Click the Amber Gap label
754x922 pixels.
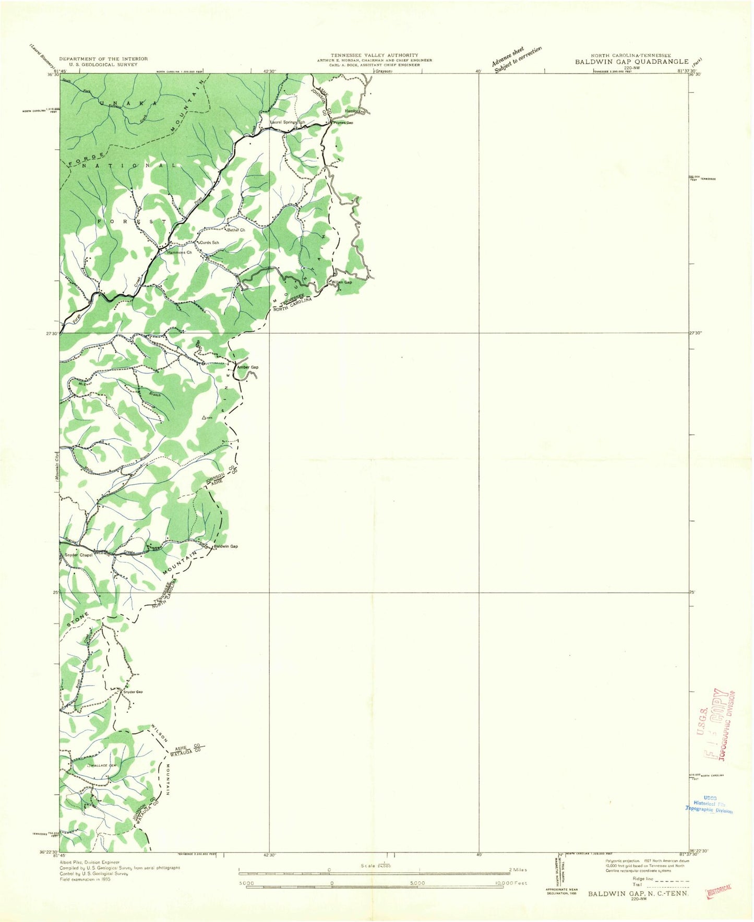tap(248, 367)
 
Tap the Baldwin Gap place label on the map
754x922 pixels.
tap(226, 546)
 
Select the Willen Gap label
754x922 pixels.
tap(342, 282)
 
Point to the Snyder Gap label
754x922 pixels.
tap(133, 692)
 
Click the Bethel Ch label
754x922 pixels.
tap(236, 230)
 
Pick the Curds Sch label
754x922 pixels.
tap(209, 243)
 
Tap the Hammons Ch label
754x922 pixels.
tap(179, 253)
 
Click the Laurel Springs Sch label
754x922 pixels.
tap(287, 123)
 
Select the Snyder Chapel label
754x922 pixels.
tap(79, 555)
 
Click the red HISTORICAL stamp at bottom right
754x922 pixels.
tap(719, 891)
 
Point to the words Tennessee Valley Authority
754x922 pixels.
tap(375, 55)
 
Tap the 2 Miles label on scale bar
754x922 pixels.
tap(518, 870)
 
